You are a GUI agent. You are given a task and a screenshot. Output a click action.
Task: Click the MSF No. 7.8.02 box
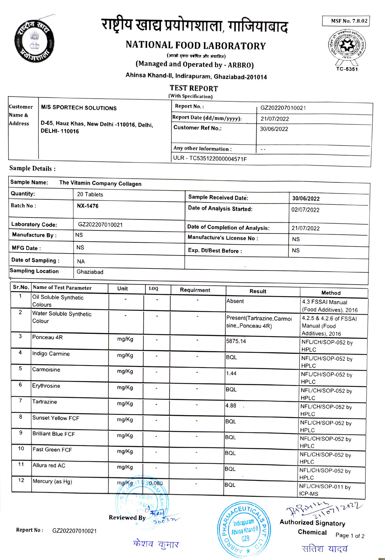click(x=346, y=21)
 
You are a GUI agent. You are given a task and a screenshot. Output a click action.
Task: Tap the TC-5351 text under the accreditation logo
click(x=347, y=69)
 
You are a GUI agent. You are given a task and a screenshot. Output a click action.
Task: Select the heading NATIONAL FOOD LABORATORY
click(x=196, y=45)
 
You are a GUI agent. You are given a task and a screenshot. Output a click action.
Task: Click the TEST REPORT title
click(x=194, y=89)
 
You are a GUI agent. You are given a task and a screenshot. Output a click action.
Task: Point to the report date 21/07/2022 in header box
click(x=275, y=119)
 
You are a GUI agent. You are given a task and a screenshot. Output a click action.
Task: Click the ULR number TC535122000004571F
click(x=210, y=158)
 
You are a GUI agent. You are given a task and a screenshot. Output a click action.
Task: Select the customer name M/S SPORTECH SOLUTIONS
click(x=79, y=108)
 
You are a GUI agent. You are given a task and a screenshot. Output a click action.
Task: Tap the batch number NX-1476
click(x=88, y=206)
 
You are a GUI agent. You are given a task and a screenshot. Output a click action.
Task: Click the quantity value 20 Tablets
click(x=90, y=194)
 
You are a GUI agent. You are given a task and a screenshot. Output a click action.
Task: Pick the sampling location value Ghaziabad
click(x=90, y=272)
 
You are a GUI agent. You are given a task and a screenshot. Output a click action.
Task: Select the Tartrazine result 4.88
click(x=231, y=406)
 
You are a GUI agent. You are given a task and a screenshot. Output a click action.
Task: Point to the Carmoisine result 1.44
click(x=231, y=373)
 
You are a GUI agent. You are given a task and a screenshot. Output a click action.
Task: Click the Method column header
click(x=331, y=293)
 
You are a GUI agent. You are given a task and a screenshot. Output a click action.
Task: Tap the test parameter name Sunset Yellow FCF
click(x=56, y=418)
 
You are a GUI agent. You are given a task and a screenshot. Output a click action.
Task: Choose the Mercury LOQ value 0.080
click(x=156, y=483)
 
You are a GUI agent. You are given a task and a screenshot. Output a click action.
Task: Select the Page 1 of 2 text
click(x=350, y=536)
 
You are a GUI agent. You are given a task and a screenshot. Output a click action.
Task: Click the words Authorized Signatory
click(x=312, y=523)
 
